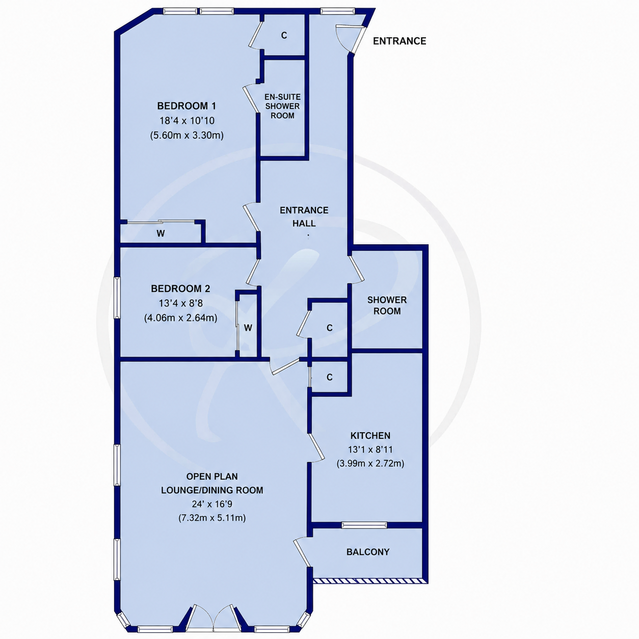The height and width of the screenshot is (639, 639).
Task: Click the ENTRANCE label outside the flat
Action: (400, 41)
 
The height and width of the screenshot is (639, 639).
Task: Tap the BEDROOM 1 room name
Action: (187, 106)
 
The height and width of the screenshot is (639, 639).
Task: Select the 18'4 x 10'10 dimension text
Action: (187, 121)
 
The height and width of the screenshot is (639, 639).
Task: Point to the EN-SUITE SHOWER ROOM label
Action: (282, 106)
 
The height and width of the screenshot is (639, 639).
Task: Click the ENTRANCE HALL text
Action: (304, 217)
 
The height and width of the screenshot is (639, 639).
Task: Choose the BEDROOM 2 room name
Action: (180, 288)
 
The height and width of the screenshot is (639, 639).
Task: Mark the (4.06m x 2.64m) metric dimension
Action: (181, 318)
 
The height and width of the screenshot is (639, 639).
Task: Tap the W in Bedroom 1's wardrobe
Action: (161, 233)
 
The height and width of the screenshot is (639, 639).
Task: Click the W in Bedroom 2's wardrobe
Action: (248, 328)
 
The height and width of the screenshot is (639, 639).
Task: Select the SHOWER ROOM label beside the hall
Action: (387, 305)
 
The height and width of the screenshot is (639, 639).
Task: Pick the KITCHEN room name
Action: (370, 435)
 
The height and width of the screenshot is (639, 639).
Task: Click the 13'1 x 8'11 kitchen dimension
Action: (370, 449)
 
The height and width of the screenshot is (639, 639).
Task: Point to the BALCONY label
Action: (368, 552)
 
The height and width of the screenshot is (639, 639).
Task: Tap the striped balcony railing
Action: (368, 580)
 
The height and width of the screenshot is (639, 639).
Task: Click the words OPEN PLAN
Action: (212, 476)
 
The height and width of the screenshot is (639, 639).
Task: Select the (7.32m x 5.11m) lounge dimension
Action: (212, 518)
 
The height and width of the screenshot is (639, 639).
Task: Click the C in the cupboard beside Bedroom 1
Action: (284, 35)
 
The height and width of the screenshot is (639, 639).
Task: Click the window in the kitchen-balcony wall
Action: (364, 525)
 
